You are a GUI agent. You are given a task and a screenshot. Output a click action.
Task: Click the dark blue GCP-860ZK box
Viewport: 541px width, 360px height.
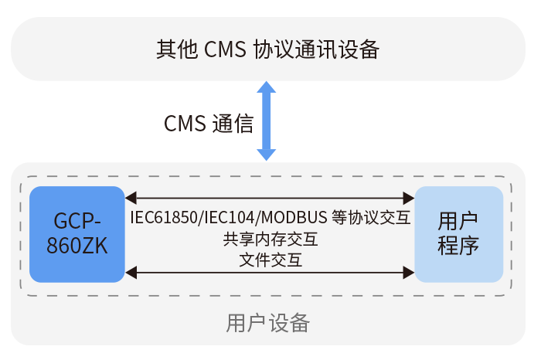(x=77, y=234)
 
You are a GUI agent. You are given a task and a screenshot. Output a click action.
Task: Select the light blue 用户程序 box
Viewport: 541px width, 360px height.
(x=459, y=234)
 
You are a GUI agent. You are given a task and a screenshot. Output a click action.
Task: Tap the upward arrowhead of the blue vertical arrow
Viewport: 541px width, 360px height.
(x=266, y=87)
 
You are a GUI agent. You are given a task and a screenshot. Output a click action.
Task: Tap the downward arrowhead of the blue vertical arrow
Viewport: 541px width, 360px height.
(x=266, y=154)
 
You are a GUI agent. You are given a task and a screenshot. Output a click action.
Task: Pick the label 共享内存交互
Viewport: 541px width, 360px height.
(x=270, y=239)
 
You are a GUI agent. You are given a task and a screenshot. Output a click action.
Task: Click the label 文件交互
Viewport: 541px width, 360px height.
(x=270, y=260)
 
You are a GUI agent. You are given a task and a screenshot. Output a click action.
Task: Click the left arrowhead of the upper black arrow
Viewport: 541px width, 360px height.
(x=131, y=199)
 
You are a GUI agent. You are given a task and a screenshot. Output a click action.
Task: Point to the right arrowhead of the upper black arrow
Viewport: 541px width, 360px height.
(x=409, y=199)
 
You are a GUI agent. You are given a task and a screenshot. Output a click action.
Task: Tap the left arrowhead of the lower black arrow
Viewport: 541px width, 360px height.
(x=131, y=271)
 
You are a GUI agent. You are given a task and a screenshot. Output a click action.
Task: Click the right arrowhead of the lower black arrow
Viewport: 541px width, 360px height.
(x=409, y=271)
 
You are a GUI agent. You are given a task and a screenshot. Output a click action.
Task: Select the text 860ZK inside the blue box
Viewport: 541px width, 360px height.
(x=77, y=246)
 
